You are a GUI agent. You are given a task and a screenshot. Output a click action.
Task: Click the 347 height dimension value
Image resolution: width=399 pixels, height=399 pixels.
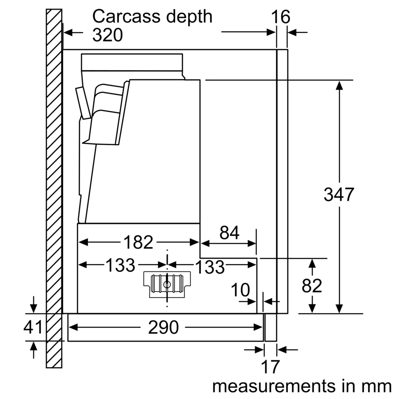339,194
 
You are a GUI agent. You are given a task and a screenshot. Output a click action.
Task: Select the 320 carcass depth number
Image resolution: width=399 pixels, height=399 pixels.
107,36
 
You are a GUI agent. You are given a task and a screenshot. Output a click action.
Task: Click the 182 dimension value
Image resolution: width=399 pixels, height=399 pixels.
138,242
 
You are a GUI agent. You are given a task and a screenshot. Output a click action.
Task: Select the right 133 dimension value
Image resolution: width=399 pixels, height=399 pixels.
210,267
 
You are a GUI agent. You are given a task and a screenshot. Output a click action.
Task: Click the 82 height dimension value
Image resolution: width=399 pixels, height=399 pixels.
312,286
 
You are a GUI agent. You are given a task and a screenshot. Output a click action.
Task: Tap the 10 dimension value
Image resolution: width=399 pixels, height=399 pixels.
241,290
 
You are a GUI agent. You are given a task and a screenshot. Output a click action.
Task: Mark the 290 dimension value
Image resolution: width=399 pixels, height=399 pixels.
163,328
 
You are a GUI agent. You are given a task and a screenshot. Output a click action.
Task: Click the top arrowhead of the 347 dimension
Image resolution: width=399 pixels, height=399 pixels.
339,85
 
